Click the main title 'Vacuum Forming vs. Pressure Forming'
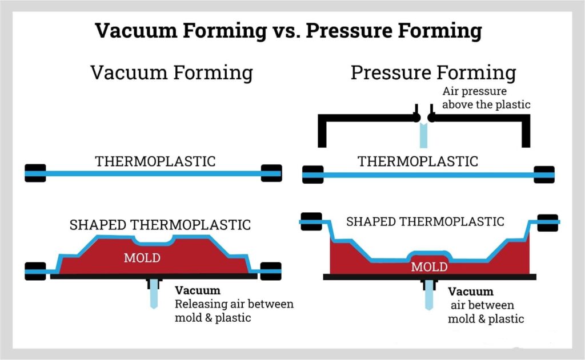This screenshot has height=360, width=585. click(288, 30)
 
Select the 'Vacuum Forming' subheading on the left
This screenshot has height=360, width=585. click(171, 73)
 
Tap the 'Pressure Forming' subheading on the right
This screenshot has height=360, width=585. click(433, 73)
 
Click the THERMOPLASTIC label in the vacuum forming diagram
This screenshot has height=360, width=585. click(155, 161)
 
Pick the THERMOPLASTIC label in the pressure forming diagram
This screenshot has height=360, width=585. click(418, 161)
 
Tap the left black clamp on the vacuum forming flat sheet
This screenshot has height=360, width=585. click(35, 173)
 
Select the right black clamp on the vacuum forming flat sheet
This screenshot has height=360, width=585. click(271, 173)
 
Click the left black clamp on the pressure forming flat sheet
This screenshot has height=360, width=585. click(312, 175)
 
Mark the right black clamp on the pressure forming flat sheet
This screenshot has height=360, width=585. click(544, 175)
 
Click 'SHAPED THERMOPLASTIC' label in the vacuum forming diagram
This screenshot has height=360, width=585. click(160, 225)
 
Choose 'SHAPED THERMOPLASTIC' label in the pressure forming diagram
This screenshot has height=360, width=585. click(425, 221)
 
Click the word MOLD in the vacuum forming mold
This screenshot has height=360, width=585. click(142, 258)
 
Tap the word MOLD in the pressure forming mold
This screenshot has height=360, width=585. click(429, 266)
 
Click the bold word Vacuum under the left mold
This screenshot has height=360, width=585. click(197, 290)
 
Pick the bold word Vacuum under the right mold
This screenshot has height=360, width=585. click(470, 292)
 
